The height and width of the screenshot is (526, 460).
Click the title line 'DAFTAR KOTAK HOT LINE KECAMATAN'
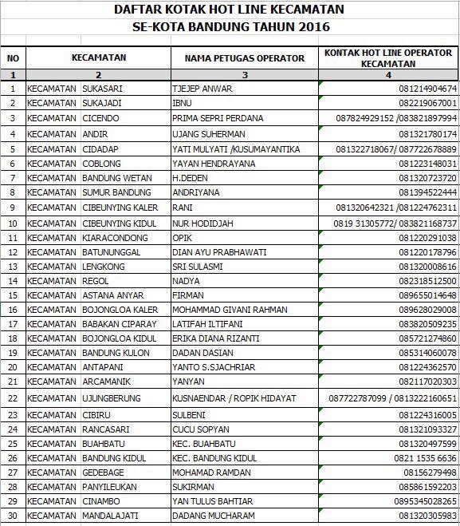230,10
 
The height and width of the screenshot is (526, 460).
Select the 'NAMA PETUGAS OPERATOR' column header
244,58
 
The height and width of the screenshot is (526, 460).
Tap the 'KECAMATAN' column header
98,58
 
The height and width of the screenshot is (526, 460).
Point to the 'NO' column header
13,58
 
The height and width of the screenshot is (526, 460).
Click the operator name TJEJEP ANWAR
202,89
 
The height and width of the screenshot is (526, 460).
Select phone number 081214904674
427,89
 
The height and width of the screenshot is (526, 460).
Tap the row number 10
13,223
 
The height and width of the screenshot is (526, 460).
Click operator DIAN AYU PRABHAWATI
218,252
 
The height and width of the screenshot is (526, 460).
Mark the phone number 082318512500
427,282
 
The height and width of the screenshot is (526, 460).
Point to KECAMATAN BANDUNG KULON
88,353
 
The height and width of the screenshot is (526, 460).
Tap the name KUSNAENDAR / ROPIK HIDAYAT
234,397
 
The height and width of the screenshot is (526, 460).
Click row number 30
13,516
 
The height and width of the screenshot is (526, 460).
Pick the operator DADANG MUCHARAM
214,516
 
